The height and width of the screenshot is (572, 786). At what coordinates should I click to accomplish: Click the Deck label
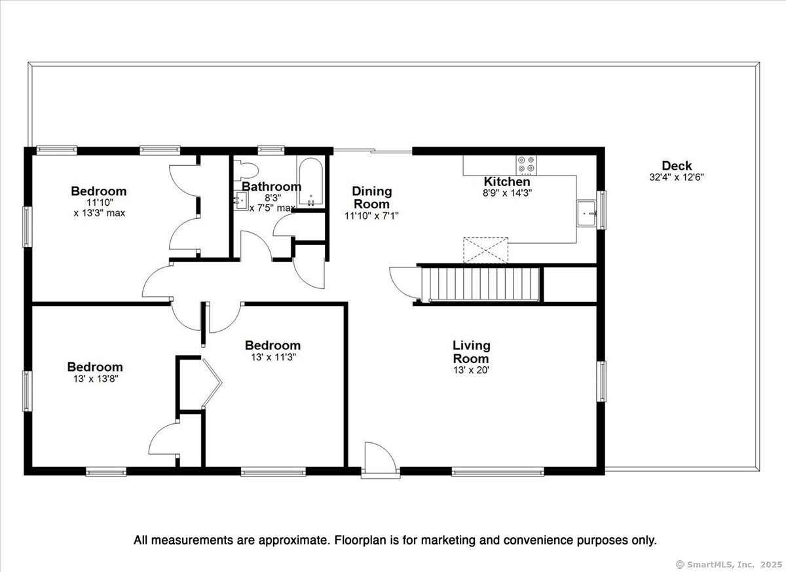pyautogui.click(x=677, y=166)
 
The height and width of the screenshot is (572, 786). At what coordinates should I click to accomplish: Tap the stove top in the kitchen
pyautogui.click(x=526, y=165)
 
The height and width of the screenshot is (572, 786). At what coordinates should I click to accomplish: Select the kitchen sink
pyautogui.click(x=587, y=214)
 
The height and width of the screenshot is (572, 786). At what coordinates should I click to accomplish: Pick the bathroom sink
pyautogui.click(x=240, y=200)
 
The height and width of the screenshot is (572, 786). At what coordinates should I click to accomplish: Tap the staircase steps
pyautogui.click(x=480, y=284)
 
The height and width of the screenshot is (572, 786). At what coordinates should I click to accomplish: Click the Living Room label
pyautogui.click(x=471, y=352)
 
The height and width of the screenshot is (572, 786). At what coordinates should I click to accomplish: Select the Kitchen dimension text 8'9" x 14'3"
pyautogui.click(x=508, y=193)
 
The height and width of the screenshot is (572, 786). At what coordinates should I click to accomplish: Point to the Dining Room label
pyautogui.click(x=371, y=198)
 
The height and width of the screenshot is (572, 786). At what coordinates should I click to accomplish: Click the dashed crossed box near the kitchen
pyautogui.click(x=485, y=250)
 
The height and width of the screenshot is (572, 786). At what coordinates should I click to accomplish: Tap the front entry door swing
pyautogui.click(x=381, y=455)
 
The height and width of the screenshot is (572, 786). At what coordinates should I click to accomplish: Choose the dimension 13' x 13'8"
pyautogui.click(x=96, y=379)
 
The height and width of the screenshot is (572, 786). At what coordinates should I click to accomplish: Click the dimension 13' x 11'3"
pyautogui.click(x=273, y=357)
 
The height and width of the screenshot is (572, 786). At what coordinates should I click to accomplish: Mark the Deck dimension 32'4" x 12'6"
pyautogui.click(x=677, y=177)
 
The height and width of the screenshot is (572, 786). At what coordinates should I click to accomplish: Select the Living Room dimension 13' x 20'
pyautogui.click(x=471, y=370)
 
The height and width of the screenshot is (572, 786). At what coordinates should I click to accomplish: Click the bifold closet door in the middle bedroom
pyautogui.click(x=211, y=383)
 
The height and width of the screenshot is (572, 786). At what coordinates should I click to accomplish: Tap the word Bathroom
pyautogui.click(x=272, y=186)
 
